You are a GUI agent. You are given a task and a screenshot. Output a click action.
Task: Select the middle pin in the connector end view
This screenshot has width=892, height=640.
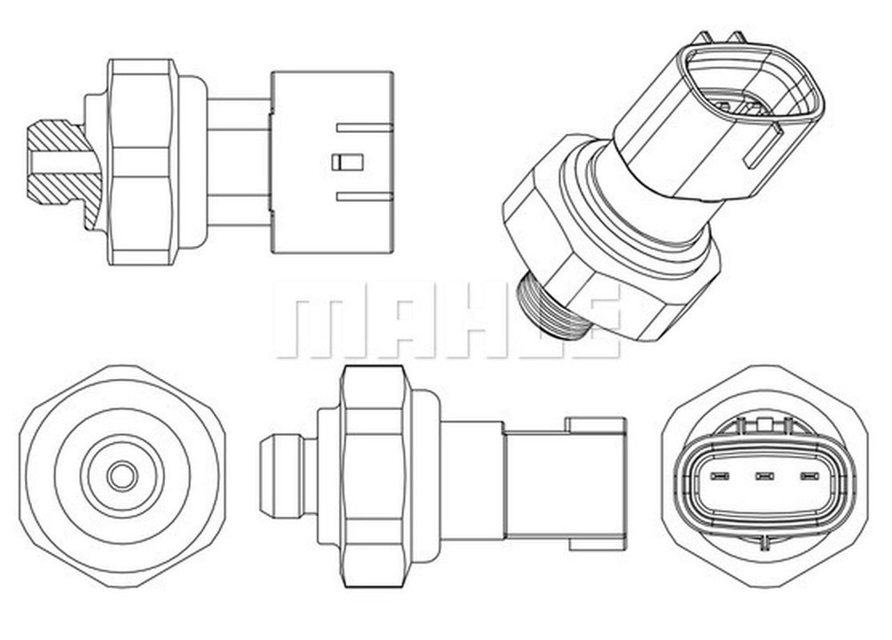click(764, 477)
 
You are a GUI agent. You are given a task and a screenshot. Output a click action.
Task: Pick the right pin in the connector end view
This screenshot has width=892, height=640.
click(808, 477)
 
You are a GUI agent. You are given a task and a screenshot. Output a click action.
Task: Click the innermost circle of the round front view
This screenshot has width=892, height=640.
click(122, 476)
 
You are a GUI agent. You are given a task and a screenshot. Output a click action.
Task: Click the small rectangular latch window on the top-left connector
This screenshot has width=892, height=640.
click(348, 162)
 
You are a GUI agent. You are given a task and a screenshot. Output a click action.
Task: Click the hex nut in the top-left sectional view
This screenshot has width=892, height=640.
click(139, 162)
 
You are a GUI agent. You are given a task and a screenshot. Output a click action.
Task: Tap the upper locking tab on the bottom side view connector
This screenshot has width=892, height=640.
click(596, 425)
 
